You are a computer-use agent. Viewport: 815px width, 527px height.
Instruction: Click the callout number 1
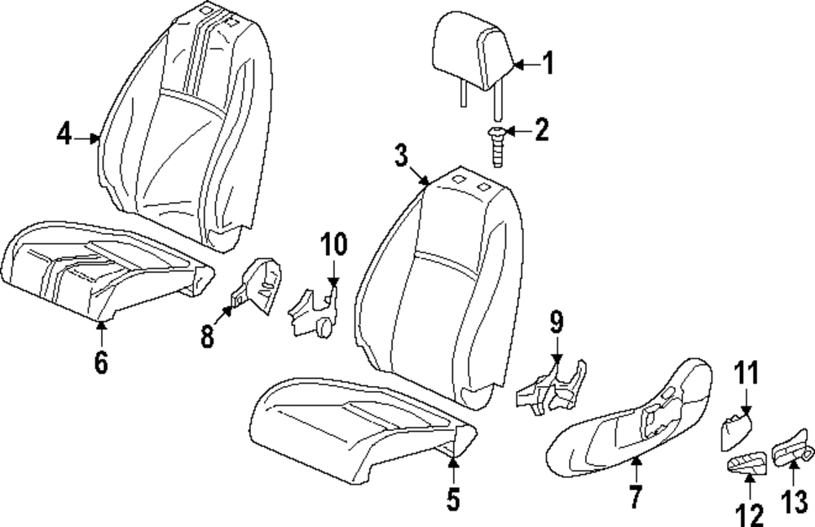tap(548, 63)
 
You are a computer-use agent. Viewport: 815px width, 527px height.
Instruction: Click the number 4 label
tap(64, 133)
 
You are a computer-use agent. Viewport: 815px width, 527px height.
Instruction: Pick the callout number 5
tap(454, 498)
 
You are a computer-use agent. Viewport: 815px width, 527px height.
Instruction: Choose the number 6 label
tap(100, 362)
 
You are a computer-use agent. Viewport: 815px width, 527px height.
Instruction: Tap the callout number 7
tap(636, 494)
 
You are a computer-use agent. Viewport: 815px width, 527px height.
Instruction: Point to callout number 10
tap(333, 244)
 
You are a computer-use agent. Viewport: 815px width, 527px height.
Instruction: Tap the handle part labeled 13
tap(791, 450)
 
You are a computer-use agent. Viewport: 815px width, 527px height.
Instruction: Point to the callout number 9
tap(556, 323)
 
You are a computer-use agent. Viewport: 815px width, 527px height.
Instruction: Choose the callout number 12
tap(748, 512)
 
